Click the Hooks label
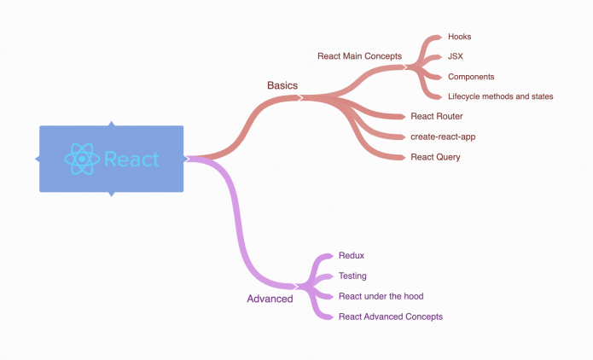(459, 37)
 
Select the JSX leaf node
(456, 56)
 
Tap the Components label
(471, 77)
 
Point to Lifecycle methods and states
(500, 96)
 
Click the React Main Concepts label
(359, 56)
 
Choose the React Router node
(436, 116)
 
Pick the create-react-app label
(443, 136)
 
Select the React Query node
(435, 157)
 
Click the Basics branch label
(282, 85)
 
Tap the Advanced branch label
(270, 299)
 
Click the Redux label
(352, 255)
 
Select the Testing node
(352, 276)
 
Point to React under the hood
(381, 296)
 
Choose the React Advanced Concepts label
(391, 316)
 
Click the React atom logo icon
(82, 160)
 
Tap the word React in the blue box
(131, 160)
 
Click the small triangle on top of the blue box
(111, 125)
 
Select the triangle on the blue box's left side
(38, 160)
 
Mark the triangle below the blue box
(111, 194)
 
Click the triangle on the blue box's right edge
(185, 159)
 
